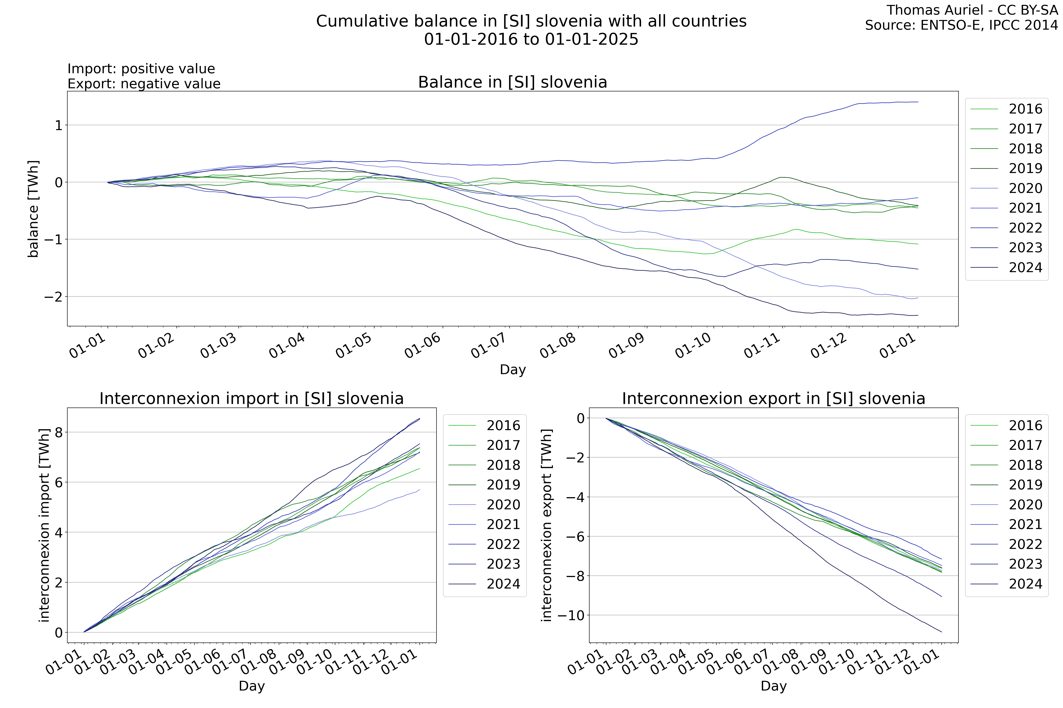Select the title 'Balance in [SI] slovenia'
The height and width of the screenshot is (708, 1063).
coord(512,82)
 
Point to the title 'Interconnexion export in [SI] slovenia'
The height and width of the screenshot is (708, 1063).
coord(773,399)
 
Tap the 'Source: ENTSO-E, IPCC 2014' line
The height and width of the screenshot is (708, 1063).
coord(964,25)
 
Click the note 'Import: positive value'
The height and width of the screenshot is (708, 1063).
coord(141,69)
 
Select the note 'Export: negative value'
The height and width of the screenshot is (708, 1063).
coord(144,84)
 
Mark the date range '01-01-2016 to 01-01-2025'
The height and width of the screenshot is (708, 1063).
coord(531,39)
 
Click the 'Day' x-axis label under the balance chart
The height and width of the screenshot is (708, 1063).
coord(512,370)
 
